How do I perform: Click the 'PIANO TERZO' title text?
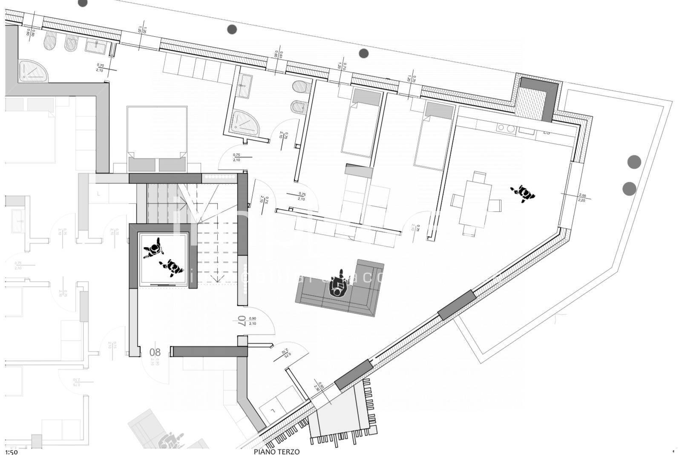point(276,452)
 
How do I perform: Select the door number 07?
point(242,321)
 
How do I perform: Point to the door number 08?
point(155,352)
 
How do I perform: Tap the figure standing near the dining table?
point(523,194)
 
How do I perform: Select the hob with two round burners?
point(506,128)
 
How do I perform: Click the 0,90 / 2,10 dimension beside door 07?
point(252,321)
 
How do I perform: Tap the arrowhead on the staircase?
point(218,279)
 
